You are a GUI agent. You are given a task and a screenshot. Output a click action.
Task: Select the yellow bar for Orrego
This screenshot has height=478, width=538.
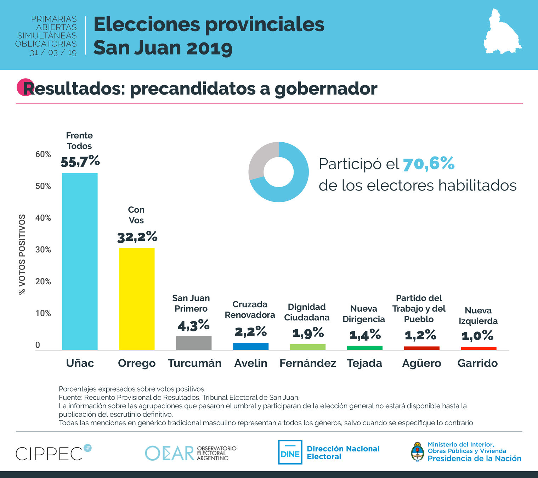click(x=137, y=299)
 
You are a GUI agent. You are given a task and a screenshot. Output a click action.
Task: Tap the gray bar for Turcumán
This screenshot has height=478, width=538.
click(x=194, y=343)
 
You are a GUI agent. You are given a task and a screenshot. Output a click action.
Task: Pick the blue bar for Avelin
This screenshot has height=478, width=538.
click(x=251, y=346)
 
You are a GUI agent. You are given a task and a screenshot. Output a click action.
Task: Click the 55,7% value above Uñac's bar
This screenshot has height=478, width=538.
click(x=80, y=161)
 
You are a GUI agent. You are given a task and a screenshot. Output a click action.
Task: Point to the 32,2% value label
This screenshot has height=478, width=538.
click(x=137, y=237)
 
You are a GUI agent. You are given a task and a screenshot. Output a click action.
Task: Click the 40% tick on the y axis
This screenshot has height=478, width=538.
click(x=43, y=218)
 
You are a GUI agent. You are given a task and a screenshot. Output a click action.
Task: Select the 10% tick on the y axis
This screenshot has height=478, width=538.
click(x=43, y=313)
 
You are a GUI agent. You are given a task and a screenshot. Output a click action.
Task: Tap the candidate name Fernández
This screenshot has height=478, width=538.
click(x=307, y=363)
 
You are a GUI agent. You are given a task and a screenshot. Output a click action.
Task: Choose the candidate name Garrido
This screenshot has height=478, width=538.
click(x=477, y=363)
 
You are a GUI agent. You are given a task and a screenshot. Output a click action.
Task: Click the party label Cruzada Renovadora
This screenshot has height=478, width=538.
click(x=250, y=310)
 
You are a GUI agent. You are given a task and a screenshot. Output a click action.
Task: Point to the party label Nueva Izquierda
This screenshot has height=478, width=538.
click(x=478, y=316)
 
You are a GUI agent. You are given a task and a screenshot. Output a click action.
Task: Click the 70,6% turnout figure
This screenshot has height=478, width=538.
click(x=429, y=164)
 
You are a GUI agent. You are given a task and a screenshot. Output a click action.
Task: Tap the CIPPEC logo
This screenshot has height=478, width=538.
click(x=50, y=453)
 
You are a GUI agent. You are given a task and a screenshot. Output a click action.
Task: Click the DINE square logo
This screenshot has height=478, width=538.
click(x=290, y=452)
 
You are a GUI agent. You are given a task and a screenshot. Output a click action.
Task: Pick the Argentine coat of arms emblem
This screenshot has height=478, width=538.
click(x=418, y=452)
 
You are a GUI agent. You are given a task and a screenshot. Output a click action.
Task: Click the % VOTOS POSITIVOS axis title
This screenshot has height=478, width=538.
click(x=22, y=254)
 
